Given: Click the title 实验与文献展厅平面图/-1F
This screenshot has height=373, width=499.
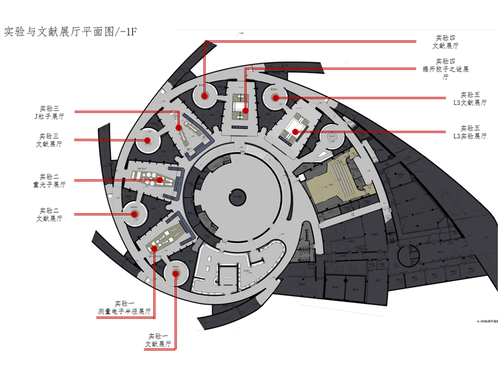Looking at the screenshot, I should [x=71, y=31].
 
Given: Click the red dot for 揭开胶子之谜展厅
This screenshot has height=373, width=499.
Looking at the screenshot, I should [x=245, y=110].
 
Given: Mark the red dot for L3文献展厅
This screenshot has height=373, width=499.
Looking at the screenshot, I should [x=275, y=98].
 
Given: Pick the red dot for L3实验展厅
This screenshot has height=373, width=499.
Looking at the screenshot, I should [x=295, y=132].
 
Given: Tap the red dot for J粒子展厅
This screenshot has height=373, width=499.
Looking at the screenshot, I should [x=179, y=127].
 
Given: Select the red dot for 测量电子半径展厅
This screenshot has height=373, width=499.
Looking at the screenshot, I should [x=154, y=248].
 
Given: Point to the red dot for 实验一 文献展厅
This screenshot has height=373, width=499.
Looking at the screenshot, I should [x=176, y=273].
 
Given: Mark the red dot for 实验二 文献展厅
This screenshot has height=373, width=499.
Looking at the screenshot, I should [x=135, y=214].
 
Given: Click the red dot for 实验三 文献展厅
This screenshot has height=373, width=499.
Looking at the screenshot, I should [x=147, y=140].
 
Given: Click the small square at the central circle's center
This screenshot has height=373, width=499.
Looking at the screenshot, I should [x=237, y=199].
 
